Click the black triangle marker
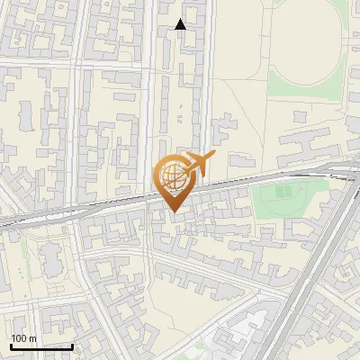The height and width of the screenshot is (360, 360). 181,24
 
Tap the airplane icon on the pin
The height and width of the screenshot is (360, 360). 200,163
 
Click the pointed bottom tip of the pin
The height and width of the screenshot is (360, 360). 173,211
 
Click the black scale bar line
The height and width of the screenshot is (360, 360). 41,346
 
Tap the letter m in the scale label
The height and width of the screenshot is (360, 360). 32,338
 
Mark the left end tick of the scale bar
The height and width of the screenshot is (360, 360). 11,345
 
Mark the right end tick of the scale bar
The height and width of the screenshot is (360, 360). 72,345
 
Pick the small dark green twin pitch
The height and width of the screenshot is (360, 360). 284,192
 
